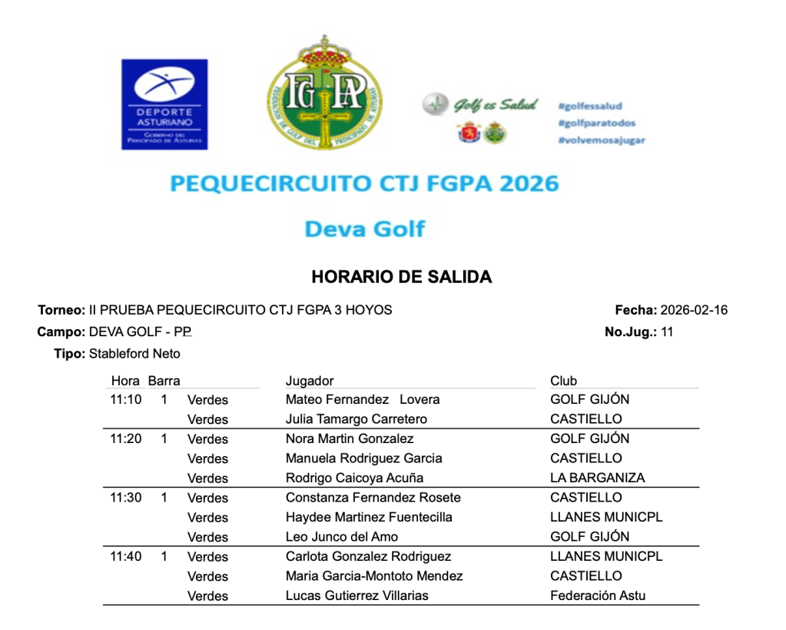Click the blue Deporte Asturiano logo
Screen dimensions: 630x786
tap(164, 104)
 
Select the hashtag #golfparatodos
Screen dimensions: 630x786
tap(597, 123)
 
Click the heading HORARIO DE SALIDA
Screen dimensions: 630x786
tap(401, 277)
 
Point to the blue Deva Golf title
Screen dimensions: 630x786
tap(364, 228)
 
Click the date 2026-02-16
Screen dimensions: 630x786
tap(694, 311)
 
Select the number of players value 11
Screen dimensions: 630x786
tap(666, 332)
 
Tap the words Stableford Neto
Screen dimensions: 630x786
tap(134, 354)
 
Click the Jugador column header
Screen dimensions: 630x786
tap(310, 381)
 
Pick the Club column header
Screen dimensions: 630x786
tap(563, 381)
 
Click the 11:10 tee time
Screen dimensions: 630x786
tap(126, 399)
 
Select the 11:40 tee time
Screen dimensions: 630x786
tap(126, 556)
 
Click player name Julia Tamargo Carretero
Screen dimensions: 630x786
tap(356, 419)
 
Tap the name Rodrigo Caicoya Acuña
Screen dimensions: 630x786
tap(354, 478)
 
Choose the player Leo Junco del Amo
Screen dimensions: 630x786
tap(342, 537)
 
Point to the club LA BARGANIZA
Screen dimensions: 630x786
tap(597, 478)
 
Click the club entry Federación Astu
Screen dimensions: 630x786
tap(598, 595)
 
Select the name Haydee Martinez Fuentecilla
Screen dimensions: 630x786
tap(369, 517)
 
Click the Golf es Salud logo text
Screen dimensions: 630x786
tap(495, 105)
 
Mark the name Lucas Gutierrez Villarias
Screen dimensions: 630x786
tap(357, 595)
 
